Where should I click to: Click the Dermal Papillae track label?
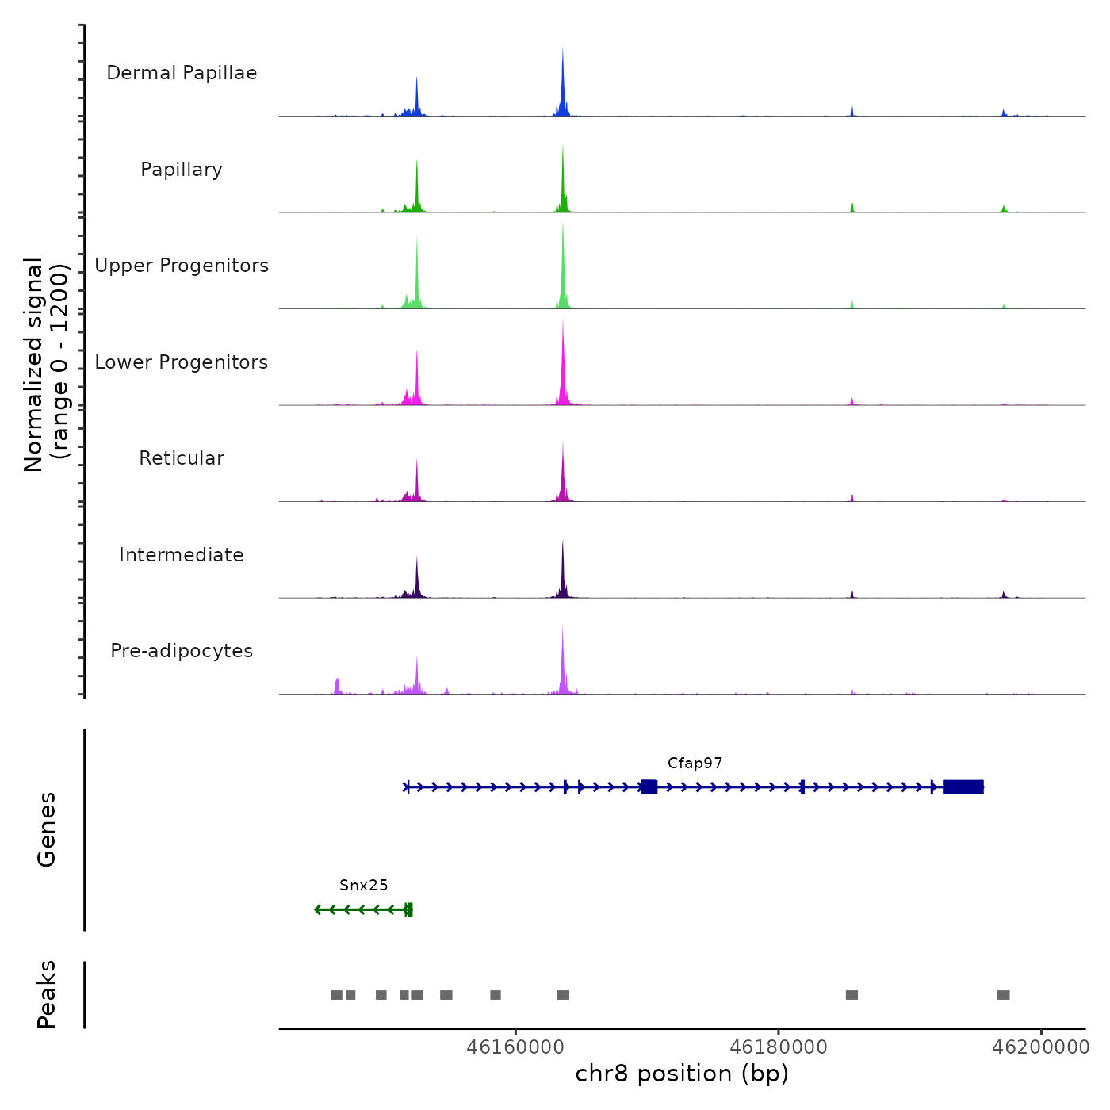click(182, 73)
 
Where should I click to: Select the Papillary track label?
click(182, 170)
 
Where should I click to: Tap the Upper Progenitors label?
click(182, 266)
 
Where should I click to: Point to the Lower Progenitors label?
click(182, 362)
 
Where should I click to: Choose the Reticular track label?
click(182, 458)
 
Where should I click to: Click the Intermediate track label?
click(182, 555)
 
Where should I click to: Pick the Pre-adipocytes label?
click(182, 651)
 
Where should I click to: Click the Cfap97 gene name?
click(695, 764)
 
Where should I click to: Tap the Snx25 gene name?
click(363, 886)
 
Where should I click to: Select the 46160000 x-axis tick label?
click(515, 1047)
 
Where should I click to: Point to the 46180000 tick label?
click(778, 1047)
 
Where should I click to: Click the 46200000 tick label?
click(1041, 1047)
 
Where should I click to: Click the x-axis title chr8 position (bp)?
click(682, 1074)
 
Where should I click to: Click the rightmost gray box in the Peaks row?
click(1003, 995)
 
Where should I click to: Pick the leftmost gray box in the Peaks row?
click(336, 995)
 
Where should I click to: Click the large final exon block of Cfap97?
click(963, 787)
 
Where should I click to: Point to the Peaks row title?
click(46, 994)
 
